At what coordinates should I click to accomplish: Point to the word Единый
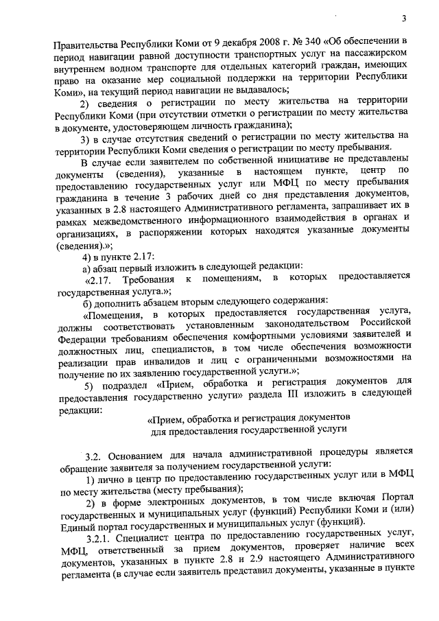click(76, 527)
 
